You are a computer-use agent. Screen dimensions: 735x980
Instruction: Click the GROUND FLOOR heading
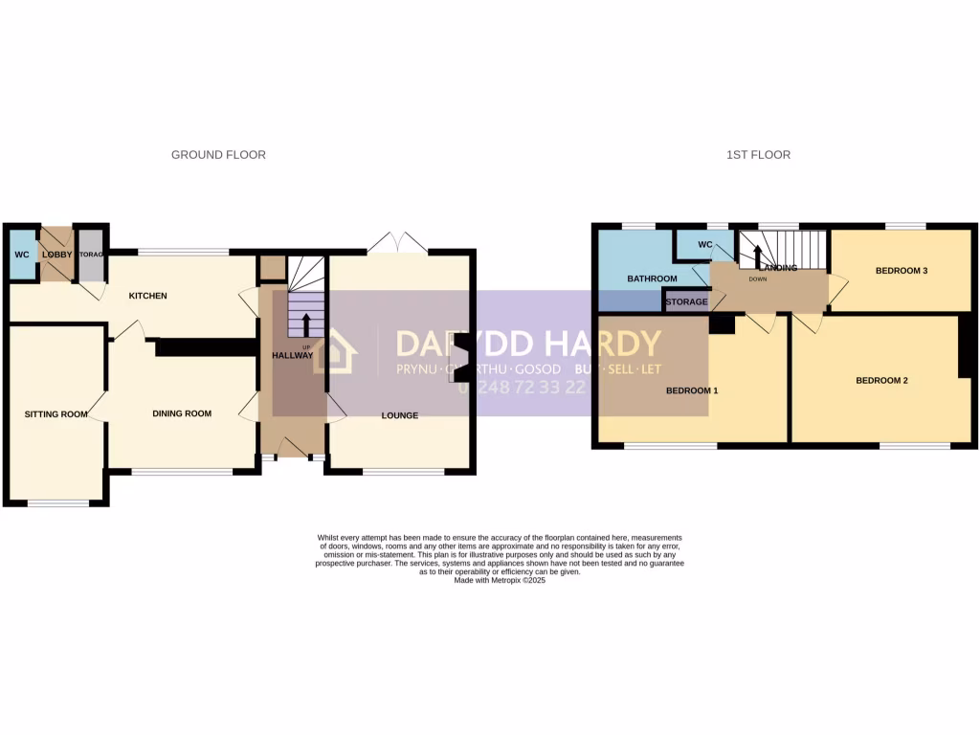coord(218,155)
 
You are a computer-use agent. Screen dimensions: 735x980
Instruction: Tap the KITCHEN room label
coord(148,296)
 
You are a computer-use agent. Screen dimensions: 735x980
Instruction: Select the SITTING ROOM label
coord(56,414)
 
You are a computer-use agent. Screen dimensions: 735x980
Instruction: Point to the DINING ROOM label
coord(182,413)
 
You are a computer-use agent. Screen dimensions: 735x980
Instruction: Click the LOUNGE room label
coord(399,414)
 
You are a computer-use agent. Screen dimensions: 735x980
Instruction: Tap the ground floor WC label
coord(21,255)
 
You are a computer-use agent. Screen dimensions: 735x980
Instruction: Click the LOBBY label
coord(56,255)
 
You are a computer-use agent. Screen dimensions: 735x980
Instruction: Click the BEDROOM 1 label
coord(692,390)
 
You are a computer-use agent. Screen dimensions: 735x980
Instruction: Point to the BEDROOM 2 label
coord(881,380)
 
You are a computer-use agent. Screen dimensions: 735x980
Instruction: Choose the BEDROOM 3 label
coord(902,271)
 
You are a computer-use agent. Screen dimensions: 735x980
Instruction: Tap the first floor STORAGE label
coord(686,302)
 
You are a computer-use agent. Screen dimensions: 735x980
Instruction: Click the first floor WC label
coord(705,245)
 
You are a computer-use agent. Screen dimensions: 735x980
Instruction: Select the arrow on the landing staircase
coord(757,256)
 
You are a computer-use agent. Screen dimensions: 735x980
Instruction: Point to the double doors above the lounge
coord(398,242)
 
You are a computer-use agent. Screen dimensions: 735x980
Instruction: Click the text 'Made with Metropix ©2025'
coord(500,580)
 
